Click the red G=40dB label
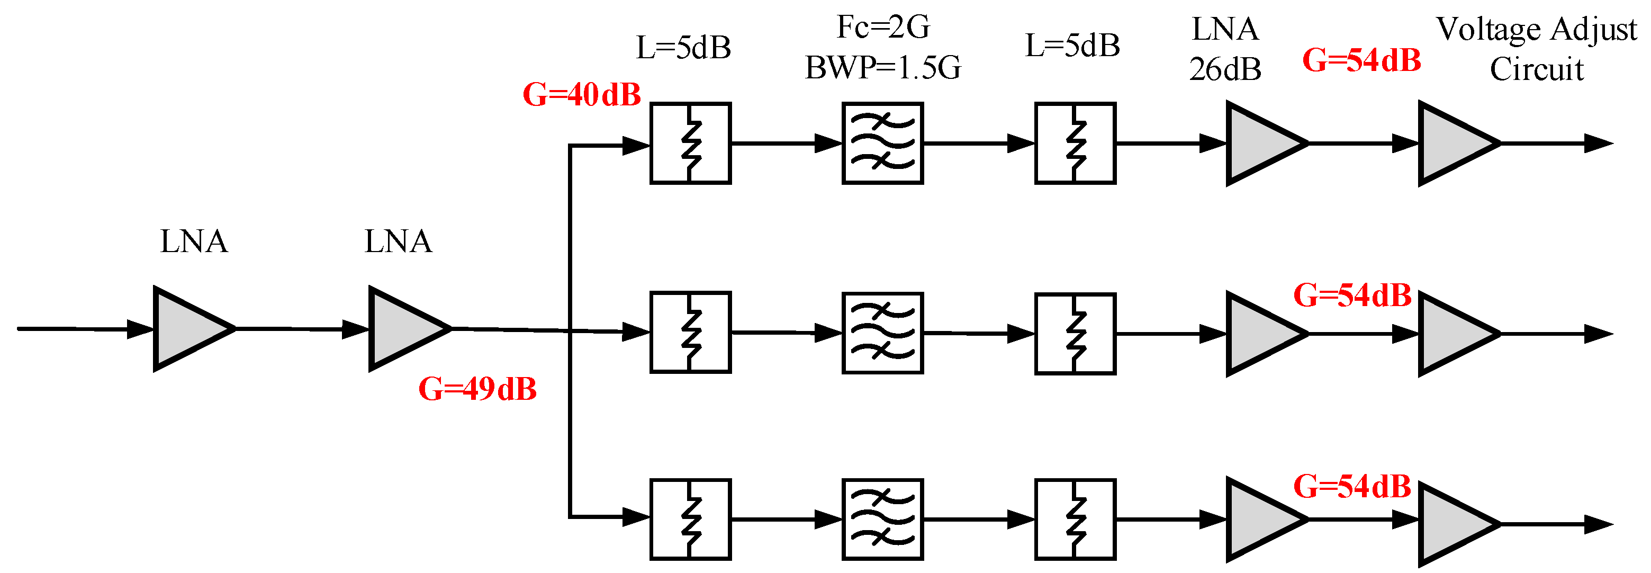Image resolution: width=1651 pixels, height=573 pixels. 581,95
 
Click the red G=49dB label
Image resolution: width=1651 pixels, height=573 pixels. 477,389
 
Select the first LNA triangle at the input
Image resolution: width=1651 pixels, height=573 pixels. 189,329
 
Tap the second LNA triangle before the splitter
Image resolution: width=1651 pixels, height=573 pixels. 404,329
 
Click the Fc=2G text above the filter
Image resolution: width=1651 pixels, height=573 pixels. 882,27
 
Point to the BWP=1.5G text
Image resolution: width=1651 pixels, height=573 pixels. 882,67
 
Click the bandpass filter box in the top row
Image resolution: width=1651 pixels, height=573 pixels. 882,144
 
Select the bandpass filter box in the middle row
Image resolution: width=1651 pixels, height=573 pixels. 882,333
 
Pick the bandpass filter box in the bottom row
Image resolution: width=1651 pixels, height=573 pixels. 882,519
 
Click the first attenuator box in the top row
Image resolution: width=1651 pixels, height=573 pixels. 690,144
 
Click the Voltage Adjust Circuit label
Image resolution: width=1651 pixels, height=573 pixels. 1536,49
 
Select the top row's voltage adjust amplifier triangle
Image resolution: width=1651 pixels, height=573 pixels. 1453,144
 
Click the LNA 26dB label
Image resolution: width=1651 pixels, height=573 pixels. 1225,49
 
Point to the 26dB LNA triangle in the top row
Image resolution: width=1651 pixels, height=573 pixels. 1261,144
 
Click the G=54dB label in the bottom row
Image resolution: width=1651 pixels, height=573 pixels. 1352,487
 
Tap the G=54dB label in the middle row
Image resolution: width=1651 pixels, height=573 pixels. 1352,296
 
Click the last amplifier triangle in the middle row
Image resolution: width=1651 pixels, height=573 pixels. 1453,334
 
